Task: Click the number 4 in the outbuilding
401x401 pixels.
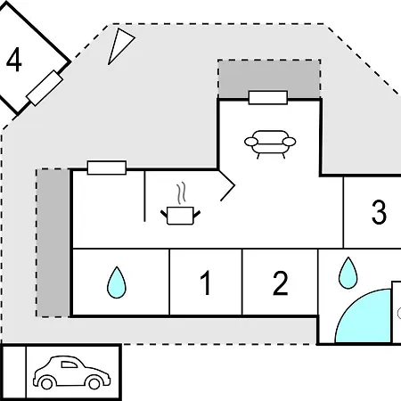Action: point(13,60)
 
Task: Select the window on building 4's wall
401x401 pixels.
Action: point(45,88)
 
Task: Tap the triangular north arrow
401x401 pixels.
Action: point(120,45)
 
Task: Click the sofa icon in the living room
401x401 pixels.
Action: point(270,143)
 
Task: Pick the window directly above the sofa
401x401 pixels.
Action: point(268,98)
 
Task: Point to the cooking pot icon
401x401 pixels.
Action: point(180,216)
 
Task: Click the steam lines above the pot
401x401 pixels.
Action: point(181,193)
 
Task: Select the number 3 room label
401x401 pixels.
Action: point(379,212)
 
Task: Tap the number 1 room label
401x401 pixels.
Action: point(205,282)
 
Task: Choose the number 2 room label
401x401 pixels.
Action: point(280,283)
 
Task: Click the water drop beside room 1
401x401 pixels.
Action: point(117,282)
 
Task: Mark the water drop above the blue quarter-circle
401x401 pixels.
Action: point(348,273)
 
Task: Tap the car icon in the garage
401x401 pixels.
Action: point(71,372)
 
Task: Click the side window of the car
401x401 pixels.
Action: point(69,364)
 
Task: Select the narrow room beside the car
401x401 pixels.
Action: point(14,372)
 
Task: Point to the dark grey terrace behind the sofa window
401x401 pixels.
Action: point(269,78)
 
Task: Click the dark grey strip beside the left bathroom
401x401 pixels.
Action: point(53,243)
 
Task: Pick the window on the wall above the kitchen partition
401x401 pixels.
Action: point(107,168)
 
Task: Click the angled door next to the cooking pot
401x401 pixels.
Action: point(228,185)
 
